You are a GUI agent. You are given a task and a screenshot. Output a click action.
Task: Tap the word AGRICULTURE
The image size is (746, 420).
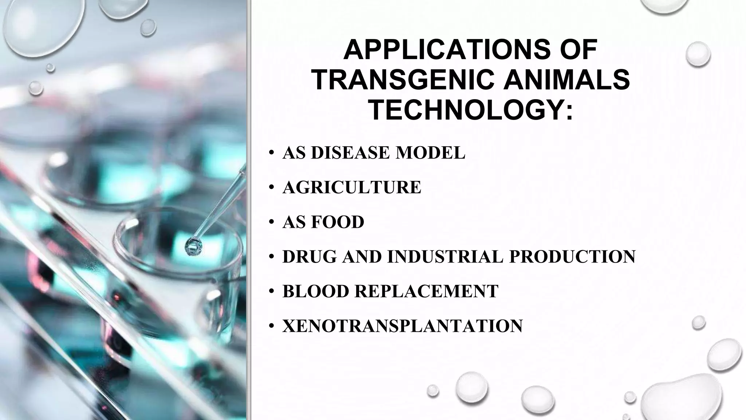[x=352, y=187]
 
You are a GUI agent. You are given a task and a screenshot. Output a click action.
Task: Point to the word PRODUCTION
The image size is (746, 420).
[x=572, y=257]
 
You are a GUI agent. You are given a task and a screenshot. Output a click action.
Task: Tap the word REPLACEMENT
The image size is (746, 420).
[x=426, y=291]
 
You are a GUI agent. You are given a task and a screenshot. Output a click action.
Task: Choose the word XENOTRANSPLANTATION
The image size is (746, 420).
[x=403, y=326]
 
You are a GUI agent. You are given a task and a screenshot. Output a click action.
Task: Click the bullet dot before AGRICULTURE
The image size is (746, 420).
[x=271, y=188]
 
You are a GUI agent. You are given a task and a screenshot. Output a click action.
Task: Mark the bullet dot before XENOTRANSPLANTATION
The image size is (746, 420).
[x=271, y=326]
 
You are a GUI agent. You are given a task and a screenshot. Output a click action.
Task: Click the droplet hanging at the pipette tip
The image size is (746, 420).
[x=193, y=247]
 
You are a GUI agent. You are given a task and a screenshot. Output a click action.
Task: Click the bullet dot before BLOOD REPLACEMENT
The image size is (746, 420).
[x=271, y=292]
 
